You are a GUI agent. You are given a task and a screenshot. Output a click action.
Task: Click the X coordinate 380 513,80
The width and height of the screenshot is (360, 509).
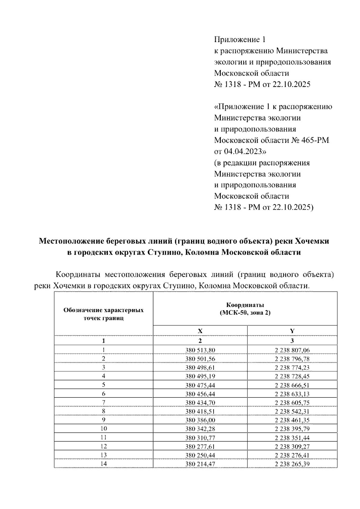(200, 350)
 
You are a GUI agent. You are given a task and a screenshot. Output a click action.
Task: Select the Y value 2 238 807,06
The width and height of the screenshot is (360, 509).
(292, 350)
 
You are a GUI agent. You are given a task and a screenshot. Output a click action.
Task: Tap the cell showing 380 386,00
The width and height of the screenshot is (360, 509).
(200, 420)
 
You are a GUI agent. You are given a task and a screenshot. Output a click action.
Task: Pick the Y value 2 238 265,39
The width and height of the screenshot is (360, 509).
(292, 464)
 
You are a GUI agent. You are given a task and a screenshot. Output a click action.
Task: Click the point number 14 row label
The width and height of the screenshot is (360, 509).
(103, 464)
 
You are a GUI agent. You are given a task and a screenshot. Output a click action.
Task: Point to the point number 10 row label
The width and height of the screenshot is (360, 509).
(103, 429)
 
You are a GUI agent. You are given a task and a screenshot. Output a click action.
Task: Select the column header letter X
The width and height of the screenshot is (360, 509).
(200, 331)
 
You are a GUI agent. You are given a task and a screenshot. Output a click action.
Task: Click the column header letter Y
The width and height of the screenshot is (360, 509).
(292, 331)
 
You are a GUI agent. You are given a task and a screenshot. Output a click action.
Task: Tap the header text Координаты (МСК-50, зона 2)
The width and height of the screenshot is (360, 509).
(245, 309)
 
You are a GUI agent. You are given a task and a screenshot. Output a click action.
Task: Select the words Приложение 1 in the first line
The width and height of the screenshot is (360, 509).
(240, 40)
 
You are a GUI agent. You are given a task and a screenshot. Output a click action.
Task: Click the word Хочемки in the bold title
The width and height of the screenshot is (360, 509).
(312, 241)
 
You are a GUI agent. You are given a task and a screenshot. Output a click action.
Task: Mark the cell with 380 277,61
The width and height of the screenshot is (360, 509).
(200, 446)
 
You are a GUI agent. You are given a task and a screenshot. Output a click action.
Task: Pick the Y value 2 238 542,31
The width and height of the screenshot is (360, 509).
(292, 411)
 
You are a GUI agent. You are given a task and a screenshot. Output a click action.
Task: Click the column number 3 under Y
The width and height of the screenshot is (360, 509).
(292, 341)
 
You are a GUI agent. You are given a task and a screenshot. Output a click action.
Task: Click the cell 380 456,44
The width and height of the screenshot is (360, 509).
(200, 394)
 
